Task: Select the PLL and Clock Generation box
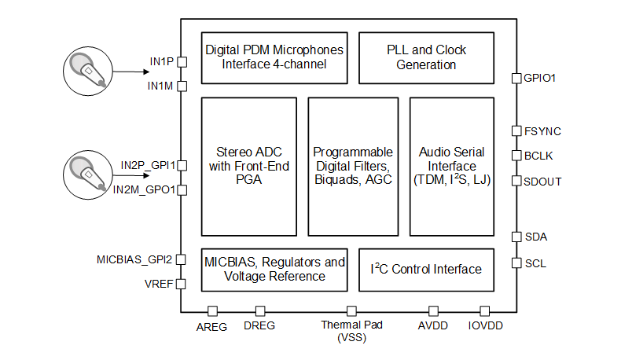click(x=426, y=57)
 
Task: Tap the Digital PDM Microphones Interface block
click(x=274, y=57)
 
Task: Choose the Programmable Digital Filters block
click(x=353, y=165)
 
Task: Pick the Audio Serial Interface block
click(x=452, y=165)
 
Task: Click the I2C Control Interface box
click(x=426, y=270)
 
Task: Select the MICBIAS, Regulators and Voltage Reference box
click(x=274, y=270)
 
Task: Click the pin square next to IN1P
click(x=181, y=61)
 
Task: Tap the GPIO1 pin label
click(x=540, y=78)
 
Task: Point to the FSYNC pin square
click(x=516, y=130)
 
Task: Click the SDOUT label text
click(x=543, y=181)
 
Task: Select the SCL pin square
click(x=516, y=263)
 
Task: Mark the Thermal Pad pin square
click(x=351, y=311)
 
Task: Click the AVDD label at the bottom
click(x=433, y=326)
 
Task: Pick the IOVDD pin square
click(x=485, y=311)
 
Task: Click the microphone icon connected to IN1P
click(x=88, y=68)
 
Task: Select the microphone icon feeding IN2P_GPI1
click(x=88, y=173)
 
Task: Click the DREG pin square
click(x=259, y=311)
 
